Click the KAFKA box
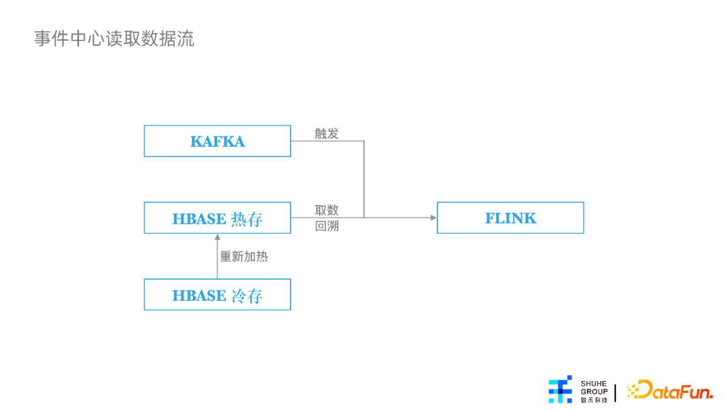click(x=217, y=141)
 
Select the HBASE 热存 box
click(x=217, y=218)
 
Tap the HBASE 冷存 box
click(x=217, y=295)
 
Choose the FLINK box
click(x=510, y=218)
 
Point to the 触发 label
click(x=326, y=134)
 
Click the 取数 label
click(x=326, y=210)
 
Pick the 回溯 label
click(x=326, y=226)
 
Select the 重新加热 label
click(x=244, y=256)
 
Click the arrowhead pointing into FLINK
click(x=433, y=218)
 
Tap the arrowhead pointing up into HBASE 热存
click(x=217, y=237)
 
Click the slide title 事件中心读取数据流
click(x=114, y=38)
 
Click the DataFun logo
click(x=669, y=390)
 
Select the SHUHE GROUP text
click(x=594, y=387)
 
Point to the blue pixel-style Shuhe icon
click(x=560, y=389)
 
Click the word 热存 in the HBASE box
click(x=247, y=218)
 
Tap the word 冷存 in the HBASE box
click(x=247, y=296)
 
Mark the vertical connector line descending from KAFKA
click(x=364, y=179)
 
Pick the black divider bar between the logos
click(x=615, y=393)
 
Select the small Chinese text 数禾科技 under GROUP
click(x=594, y=400)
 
